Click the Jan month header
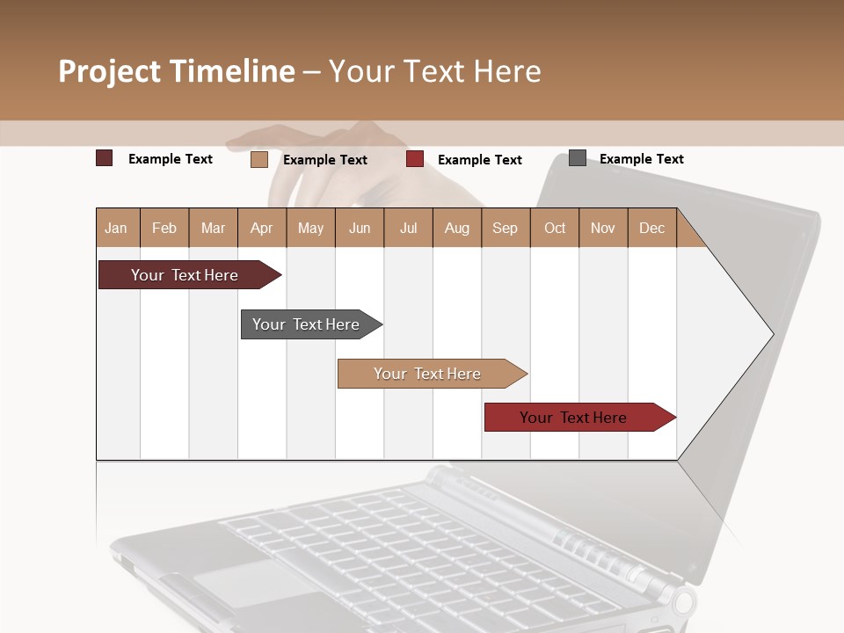(x=116, y=228)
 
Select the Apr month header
(x=262, y=228)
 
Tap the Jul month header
(x=408, y=228)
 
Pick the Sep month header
(x=505, y=228)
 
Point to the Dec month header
(x=651, y=228)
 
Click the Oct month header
(x=554, y=228)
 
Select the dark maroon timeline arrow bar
(x=185, y=275)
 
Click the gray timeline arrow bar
(x=306, y=324)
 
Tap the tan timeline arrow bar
(x=427, y=374)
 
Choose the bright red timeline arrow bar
(x=573, y=418)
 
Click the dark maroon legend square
(x=104, y=158)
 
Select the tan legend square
(x=258, y=159)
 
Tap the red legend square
(x=415, y=159)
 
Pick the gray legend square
(x=578, y=158)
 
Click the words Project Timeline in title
(x=176, y=71)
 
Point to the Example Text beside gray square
(x=641, y=159)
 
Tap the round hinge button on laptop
(x=683, y=602)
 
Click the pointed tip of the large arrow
(x=771, y=334)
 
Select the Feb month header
(x=164, y=228)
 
